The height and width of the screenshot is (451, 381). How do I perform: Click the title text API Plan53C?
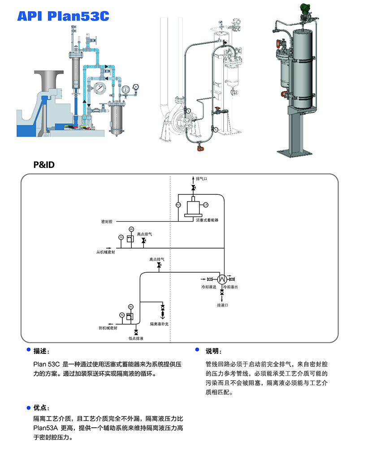click(x=63, y=16)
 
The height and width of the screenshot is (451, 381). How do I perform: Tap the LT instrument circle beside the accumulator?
click(x=206, y=205)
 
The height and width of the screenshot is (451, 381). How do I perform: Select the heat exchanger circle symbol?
click(x=222, y=278)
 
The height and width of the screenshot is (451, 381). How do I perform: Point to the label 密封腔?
click(x=107, y=222)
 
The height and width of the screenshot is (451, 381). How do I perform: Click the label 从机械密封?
click(x=106, y=252)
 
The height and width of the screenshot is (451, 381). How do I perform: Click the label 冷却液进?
click(x=208, y=287)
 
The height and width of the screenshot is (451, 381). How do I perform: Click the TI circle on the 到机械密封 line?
click(x=121, y=315)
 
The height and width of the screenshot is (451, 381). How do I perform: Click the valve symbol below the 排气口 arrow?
click(x=193, y=187)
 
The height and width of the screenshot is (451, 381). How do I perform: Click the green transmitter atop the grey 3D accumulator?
click(x=305, y=8)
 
